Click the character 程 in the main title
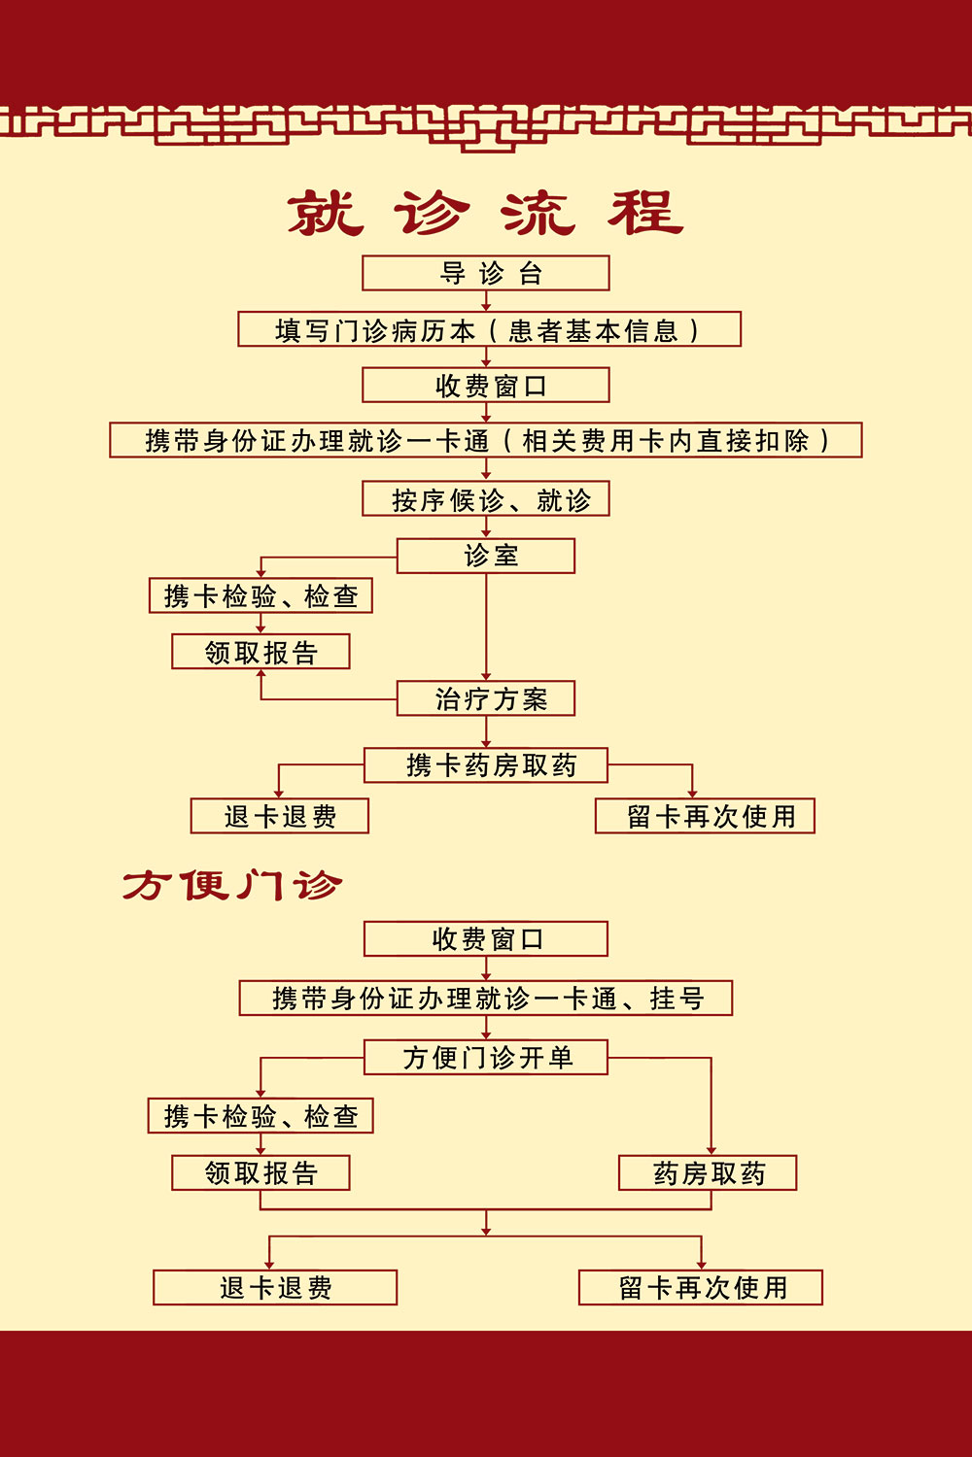(645, 213)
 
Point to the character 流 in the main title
(538, 213)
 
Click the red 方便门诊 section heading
(231, 885)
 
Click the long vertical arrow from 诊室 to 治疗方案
(486, 627)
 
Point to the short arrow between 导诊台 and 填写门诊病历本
(486, 301)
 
